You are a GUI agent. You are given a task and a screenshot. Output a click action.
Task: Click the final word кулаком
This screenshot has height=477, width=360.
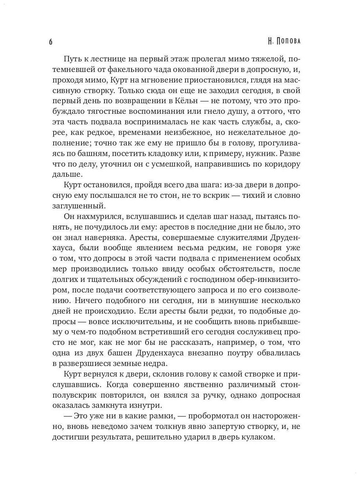[256, 438]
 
